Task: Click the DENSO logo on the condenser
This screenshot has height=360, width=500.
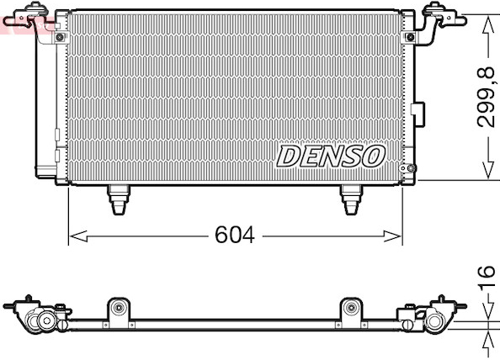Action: [x=331, y=156]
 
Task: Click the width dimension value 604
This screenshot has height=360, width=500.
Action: [x=235, y=236]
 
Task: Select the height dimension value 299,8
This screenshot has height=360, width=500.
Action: [x=486, y=98]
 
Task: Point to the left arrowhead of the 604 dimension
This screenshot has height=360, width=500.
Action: [x=78, y=236]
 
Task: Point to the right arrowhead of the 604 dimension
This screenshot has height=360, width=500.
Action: [x=392, y=236]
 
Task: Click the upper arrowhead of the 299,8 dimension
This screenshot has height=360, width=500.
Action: [x=488, y=25]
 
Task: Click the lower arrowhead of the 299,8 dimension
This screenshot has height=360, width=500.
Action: [x=488, y=171]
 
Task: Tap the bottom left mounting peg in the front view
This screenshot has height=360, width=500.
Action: [x=119, y=199]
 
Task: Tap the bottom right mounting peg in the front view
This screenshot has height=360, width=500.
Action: [x=351, y=199]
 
